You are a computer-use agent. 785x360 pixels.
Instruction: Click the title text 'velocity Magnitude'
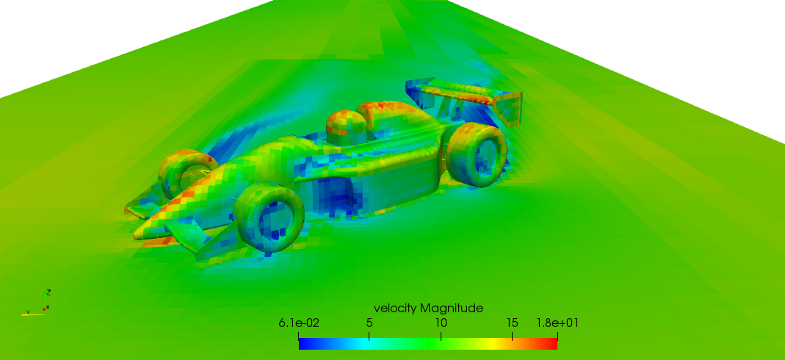pyautogui.click(x=428, y=307)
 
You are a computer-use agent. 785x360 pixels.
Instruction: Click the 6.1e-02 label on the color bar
pyautogui.click(x=299, y=323)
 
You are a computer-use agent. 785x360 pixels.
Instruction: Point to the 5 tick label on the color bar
pyautogui.click(x=369, y=323)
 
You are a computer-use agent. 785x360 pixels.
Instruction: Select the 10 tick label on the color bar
pyautogui.click(x=441, y=323)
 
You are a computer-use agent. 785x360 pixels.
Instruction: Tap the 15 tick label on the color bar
pyautogui.click(x=512, y=323)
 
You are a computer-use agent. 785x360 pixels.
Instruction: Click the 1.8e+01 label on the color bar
pyautogui.click(x=557, y=323)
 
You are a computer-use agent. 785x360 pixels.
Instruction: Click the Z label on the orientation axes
pyautogui.click(x=48, y=292)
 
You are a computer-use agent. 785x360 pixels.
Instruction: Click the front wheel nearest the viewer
pyautogui.click(x=272, y=215)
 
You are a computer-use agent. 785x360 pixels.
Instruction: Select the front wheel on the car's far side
pyautogui.click(x=184, y=173)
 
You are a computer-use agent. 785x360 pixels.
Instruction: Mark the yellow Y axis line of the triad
pyautogui.click(x=33, y=314)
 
